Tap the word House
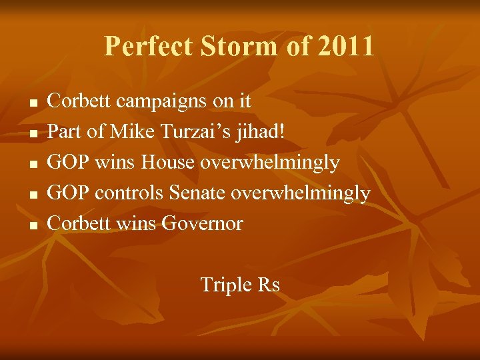(169, 163)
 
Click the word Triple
(226, 285)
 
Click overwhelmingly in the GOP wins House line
(270, 163)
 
